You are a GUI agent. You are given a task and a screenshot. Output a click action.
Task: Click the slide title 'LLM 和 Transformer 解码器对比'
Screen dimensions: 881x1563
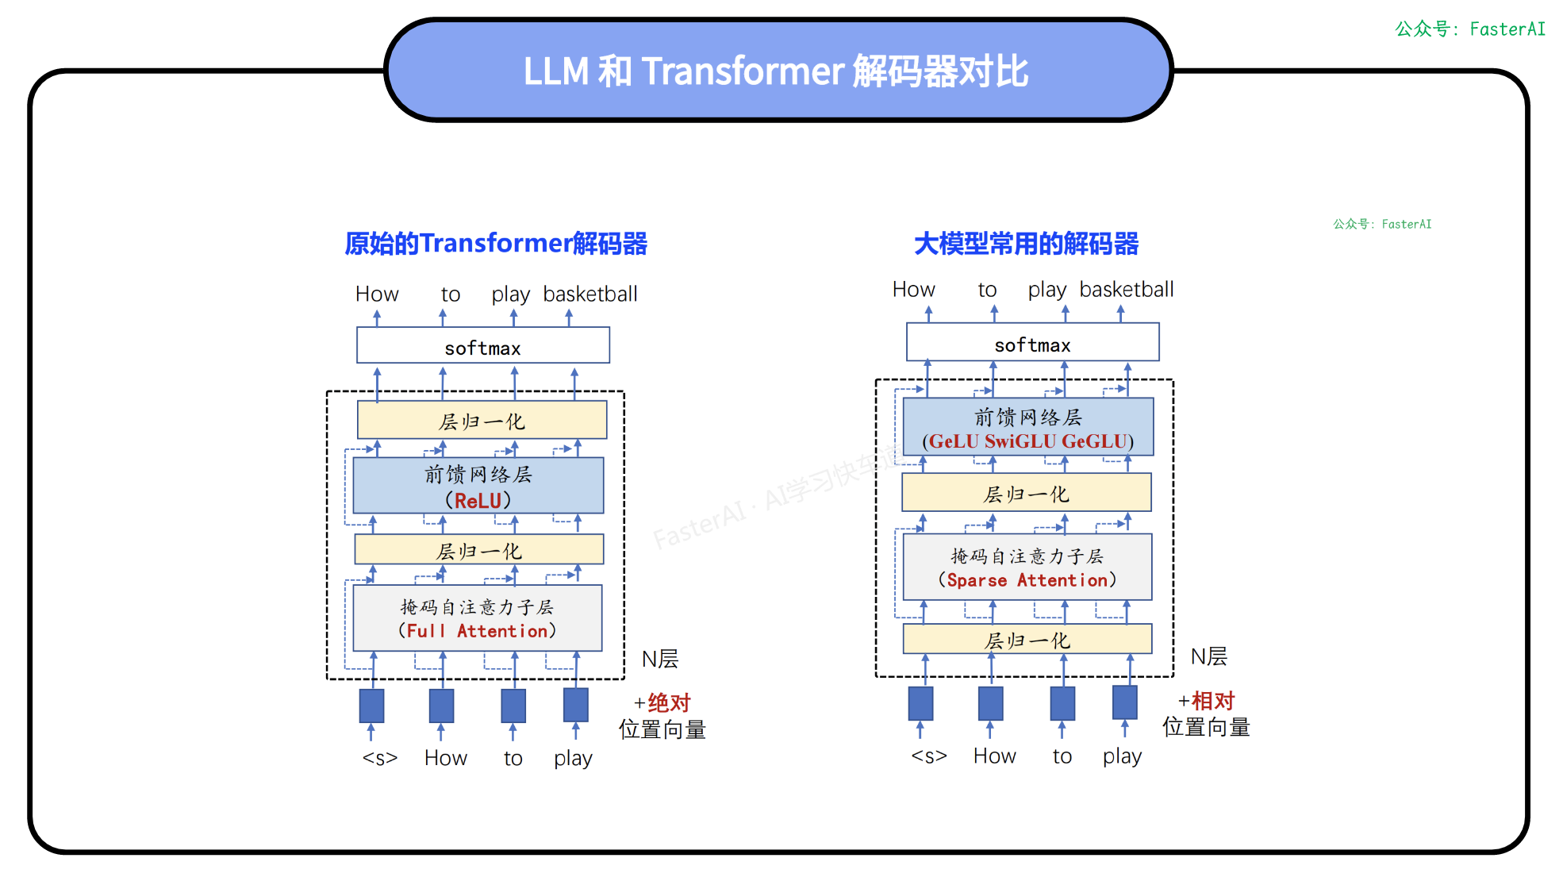point(775,71)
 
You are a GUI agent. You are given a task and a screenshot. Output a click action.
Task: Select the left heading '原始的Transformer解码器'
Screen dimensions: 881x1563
point(496,244)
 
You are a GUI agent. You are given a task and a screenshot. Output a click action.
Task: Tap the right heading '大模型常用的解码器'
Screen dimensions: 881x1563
point(1026,244)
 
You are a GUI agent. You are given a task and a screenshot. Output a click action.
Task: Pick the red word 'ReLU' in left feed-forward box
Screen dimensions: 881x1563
point(478,501)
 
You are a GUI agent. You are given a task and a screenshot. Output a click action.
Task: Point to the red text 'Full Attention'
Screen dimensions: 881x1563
point(477,631)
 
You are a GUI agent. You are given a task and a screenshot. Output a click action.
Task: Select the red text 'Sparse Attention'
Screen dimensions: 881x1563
point(1027,580)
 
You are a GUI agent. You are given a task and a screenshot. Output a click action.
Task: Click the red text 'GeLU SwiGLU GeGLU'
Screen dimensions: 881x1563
point(1027,441)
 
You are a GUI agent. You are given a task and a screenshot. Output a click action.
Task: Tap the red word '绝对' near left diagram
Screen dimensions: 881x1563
point(669,702)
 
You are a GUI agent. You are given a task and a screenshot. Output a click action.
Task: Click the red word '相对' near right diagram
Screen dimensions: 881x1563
point(1213,700)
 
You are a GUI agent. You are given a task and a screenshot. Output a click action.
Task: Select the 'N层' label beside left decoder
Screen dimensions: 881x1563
point(659,659)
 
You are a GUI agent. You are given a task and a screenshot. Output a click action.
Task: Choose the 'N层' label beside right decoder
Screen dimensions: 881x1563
point(1208,656)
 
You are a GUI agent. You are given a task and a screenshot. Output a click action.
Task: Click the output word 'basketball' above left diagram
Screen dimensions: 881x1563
point(589,294)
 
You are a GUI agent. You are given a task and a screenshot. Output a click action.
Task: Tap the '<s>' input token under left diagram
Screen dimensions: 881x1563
point(379,758)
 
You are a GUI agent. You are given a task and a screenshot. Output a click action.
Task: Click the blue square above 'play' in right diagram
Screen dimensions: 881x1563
point(1124,702)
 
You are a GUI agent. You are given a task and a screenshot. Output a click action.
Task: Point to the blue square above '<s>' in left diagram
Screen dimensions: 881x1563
point(371,706)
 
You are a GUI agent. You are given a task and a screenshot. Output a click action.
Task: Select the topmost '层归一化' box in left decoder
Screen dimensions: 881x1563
point(482,421)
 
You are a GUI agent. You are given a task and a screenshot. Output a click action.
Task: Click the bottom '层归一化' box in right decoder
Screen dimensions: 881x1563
point(1027,640)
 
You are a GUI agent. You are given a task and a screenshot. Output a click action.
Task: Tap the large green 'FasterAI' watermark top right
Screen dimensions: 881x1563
point(1470,29)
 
